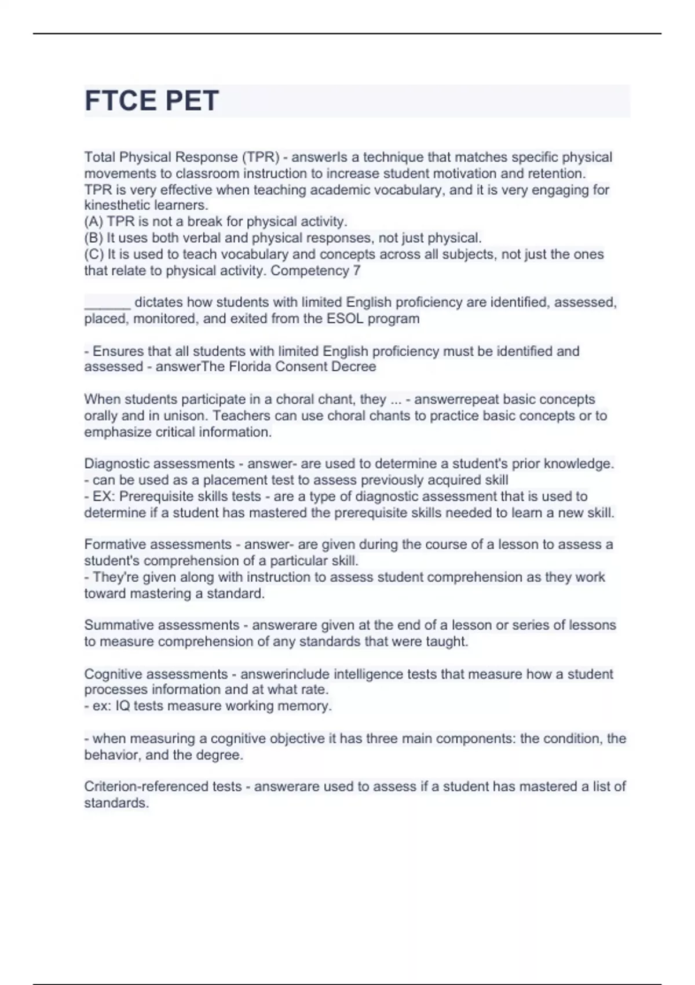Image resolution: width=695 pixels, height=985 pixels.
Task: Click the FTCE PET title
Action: point(152,101)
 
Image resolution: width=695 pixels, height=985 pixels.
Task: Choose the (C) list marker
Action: point(94,254)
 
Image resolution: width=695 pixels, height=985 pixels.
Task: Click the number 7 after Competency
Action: point(357,271)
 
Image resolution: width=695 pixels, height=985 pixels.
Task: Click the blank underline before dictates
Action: point(107,302)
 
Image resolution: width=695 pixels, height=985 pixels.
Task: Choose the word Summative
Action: point(119,625)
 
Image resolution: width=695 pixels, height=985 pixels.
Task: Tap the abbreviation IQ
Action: point(123,706)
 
